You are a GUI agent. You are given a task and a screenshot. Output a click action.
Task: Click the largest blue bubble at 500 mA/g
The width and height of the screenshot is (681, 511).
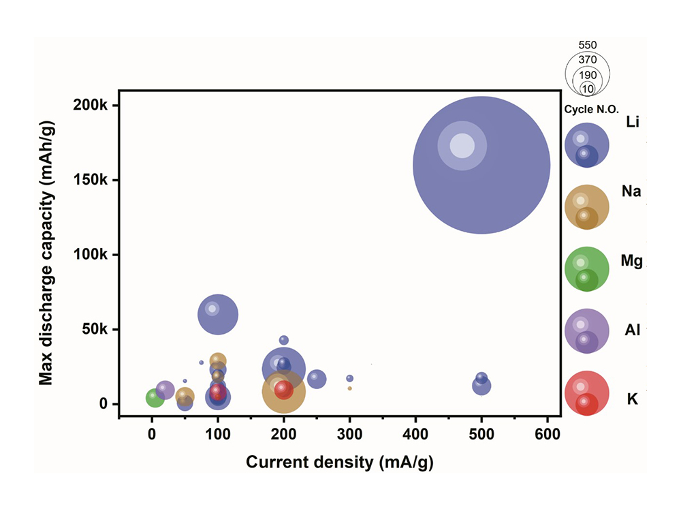point(481,164)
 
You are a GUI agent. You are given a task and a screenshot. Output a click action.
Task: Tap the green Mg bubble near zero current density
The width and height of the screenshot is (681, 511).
point(155,398)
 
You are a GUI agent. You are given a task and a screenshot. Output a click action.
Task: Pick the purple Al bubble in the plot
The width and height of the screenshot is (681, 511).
point(165,390)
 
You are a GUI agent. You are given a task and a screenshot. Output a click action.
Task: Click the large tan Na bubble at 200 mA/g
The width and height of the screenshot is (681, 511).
point(283,392)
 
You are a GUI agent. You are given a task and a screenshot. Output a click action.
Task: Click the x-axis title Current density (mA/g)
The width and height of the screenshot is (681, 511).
point(339,461)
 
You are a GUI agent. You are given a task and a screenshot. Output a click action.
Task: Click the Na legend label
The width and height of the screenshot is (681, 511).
point(631,192)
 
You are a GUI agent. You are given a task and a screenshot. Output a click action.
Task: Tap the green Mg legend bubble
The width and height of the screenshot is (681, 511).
point(586,268)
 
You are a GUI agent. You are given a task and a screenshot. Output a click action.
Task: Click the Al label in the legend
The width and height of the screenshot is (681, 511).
point(631,330)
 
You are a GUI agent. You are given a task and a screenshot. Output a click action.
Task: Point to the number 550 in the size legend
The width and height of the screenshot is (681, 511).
point(587,45)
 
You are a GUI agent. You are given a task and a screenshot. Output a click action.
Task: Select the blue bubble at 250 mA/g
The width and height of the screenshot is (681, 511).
point(317,379)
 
